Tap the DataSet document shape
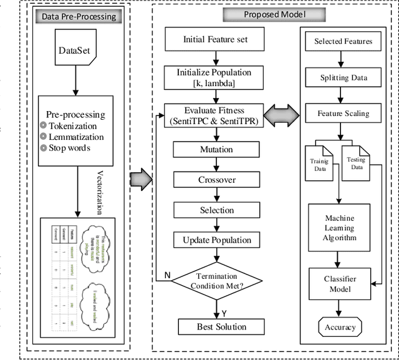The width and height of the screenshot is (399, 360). [x=77, y=52]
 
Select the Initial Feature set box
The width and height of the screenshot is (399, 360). [x=215, y=39]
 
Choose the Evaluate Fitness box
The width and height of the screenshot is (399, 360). [x=215, y=115]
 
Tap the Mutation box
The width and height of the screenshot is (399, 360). [x=216, y=150]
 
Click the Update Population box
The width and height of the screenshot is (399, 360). [x=216, y=240]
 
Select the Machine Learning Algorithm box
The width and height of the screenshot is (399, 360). [x=340, y=228]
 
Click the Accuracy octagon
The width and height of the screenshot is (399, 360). [x=340, y=326]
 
